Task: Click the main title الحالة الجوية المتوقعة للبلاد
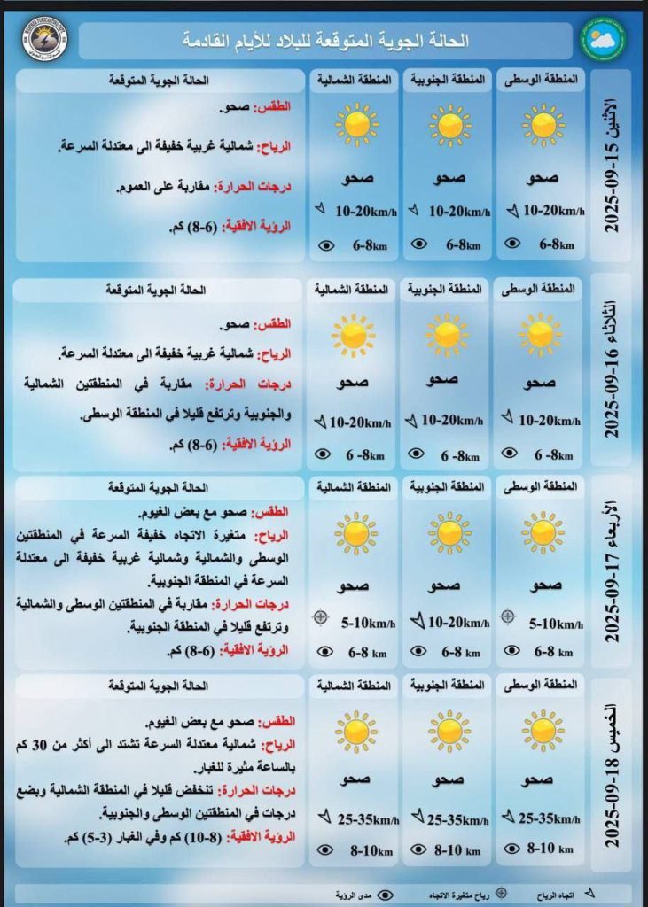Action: (325, 41)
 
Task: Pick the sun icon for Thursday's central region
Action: (542, 731)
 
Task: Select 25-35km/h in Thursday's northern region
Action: (364, 819)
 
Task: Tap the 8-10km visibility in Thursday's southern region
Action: (457, 851)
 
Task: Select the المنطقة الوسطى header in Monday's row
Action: (542, 80)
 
